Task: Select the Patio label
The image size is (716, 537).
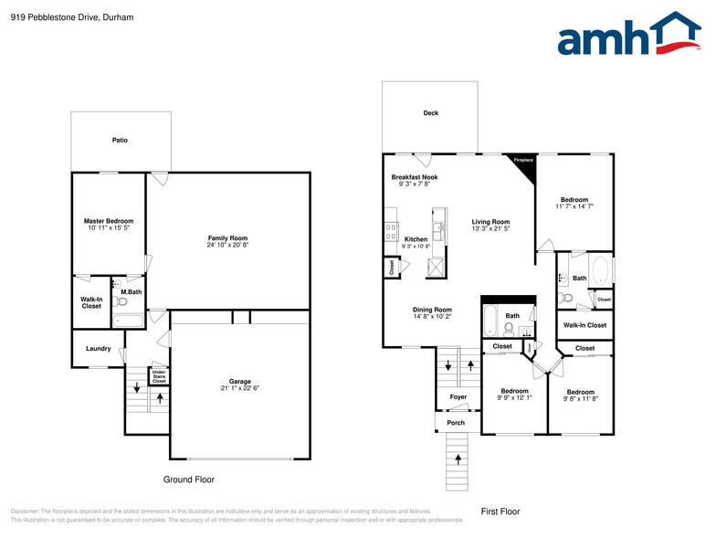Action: tap(120, 141)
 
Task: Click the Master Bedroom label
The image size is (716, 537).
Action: tap(109, 221)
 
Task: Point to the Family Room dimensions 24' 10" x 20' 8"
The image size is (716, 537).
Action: tap(227, 245)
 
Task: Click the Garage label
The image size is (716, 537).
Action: tap(239, 381)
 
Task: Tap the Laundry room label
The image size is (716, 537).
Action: tap(99, 349)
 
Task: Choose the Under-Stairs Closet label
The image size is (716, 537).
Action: tap(159, 375)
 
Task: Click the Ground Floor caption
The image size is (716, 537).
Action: tap(189, 479)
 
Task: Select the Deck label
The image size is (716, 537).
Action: tap(430, 113)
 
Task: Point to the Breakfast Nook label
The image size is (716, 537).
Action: tap(415, 177)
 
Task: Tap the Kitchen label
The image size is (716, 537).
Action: tap(416, 239)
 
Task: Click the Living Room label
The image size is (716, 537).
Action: tap(490, 222)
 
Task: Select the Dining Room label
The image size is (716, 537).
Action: tap(432, 310)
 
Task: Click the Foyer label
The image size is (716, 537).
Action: tap(458, 397)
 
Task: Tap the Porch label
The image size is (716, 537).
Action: tap(456, 423)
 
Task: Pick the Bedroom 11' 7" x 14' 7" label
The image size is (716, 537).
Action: tap(574, 200)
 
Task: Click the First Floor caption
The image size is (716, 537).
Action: tap(500, 511)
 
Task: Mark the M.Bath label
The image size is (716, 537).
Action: tap(132, 292)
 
